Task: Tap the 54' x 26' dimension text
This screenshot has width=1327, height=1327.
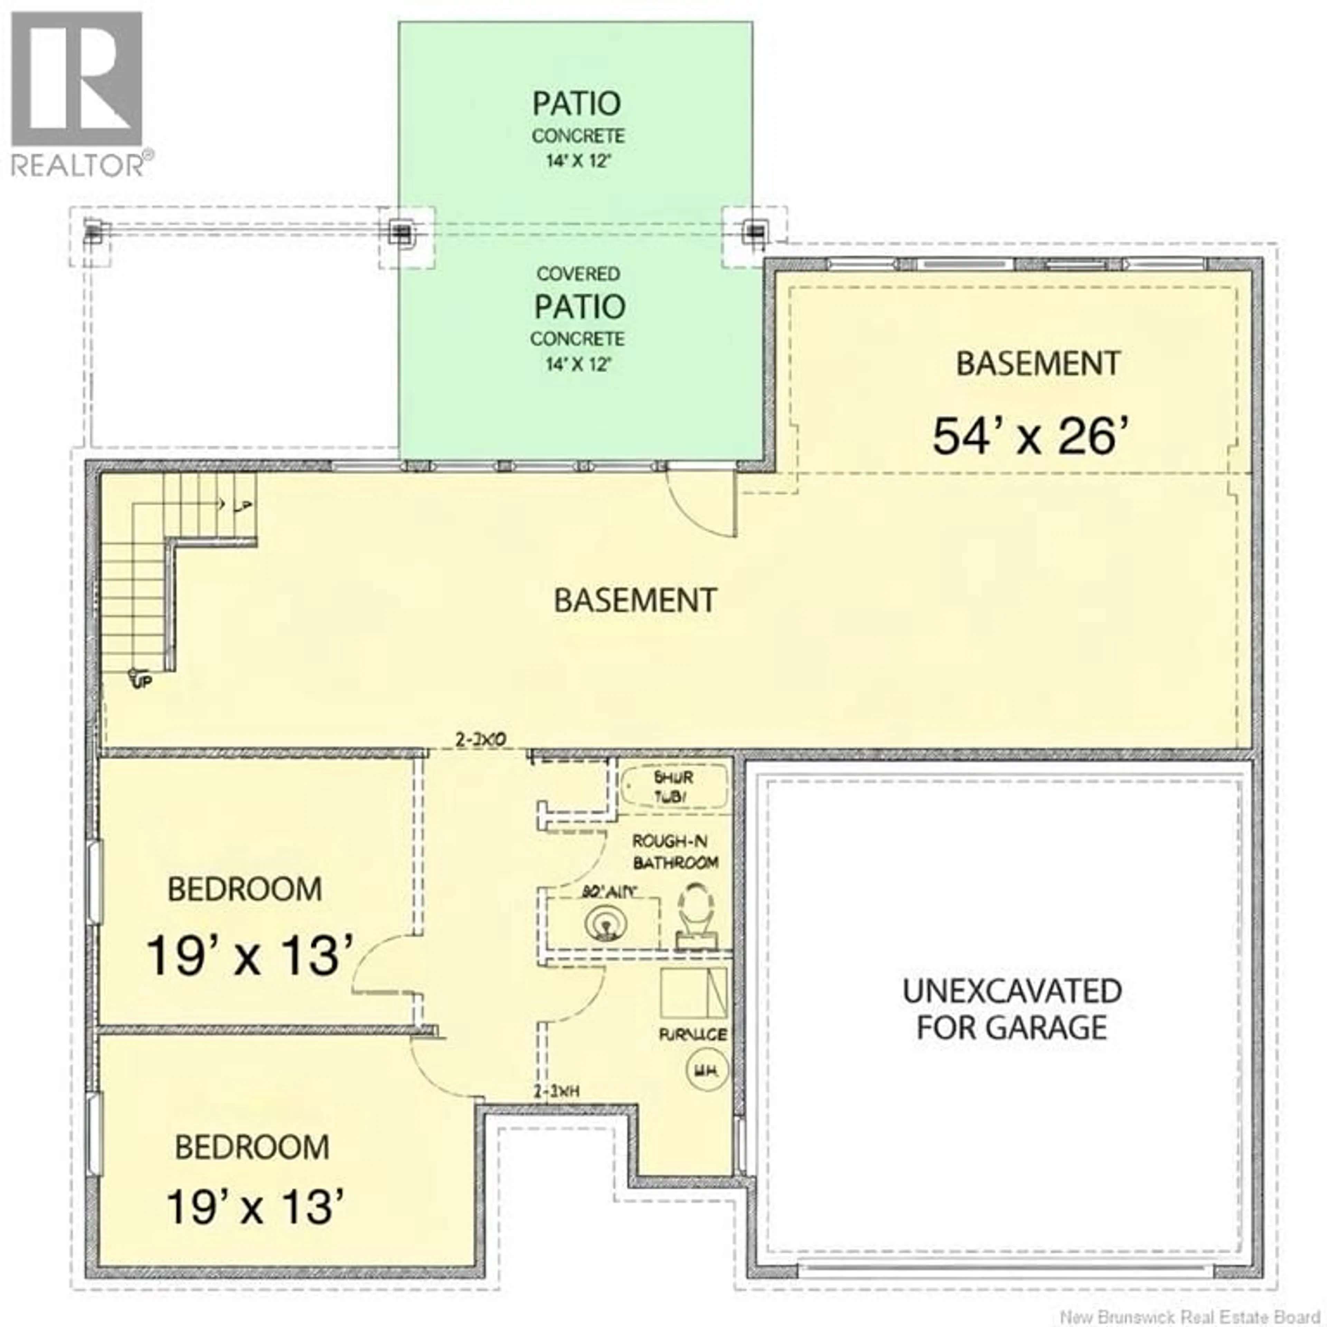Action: pyautogui.click(x=1030, y=437)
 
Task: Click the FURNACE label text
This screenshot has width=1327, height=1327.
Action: pyautogui.click(x=692, y=1034)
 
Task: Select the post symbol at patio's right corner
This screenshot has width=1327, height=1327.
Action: pyautogui.click(x=755, y=232)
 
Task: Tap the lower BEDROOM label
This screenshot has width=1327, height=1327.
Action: pyautogui.click(x=252, y=1147)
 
